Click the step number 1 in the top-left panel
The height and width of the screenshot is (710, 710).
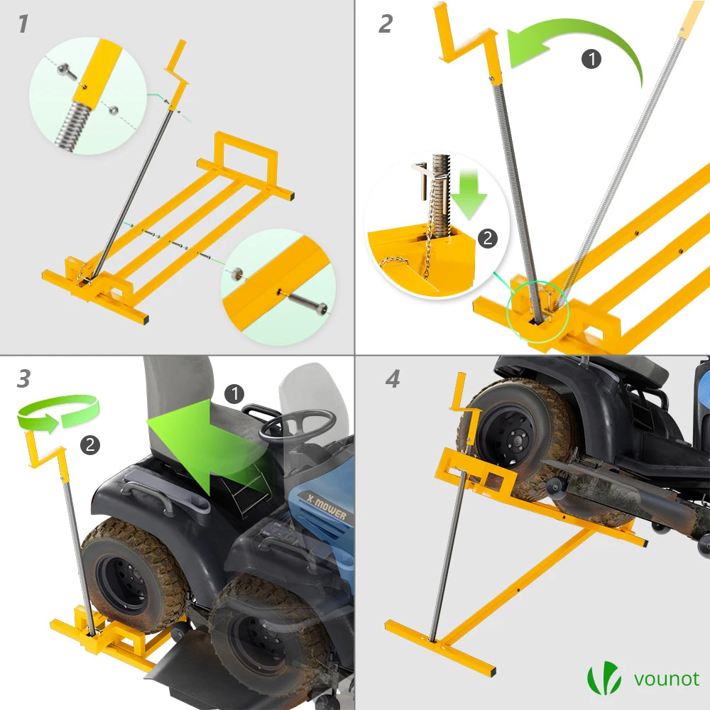(23, 23)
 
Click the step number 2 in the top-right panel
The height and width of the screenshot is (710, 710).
(386, 23)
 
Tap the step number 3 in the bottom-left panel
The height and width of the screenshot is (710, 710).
(23, 378)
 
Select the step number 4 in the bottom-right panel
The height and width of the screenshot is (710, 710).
(393, 378)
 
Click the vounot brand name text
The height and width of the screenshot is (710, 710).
(666, 679)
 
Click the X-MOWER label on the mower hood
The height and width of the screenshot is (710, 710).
(326, 506)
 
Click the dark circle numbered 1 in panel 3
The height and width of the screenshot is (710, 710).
(234, 394)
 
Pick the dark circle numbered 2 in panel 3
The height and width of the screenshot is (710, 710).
(90, 444)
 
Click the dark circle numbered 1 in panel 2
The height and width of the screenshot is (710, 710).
(591, 59)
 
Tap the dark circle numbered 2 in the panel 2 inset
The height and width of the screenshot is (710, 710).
(487, 238)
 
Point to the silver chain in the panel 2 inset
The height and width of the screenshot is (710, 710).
(428, 236)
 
